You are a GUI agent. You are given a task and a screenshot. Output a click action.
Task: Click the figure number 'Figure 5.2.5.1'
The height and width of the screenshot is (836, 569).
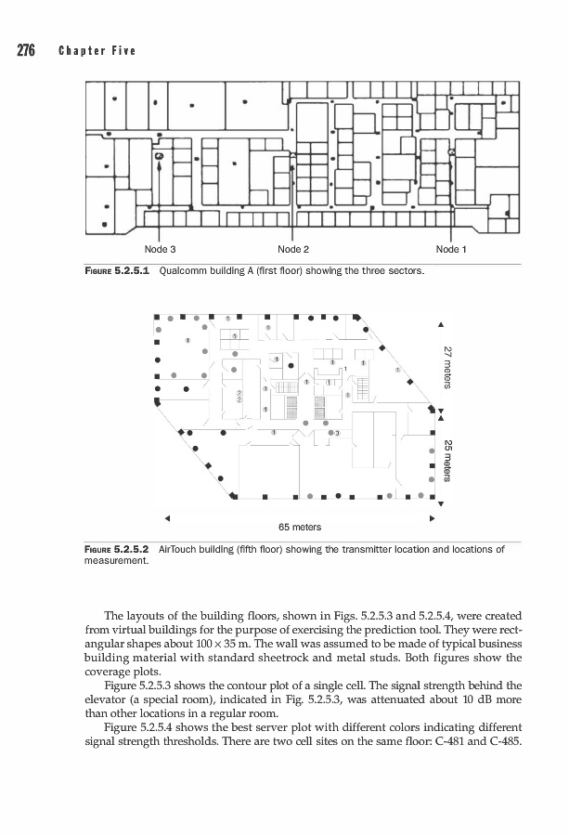[x=115, y=272]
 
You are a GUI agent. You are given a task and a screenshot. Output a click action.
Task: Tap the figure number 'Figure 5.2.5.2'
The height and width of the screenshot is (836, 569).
[x=115, y=550]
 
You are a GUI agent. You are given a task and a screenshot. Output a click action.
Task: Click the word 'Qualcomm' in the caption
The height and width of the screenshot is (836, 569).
[x=186, y=272]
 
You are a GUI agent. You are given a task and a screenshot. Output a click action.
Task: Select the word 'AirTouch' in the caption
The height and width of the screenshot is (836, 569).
[x=183, y=550]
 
